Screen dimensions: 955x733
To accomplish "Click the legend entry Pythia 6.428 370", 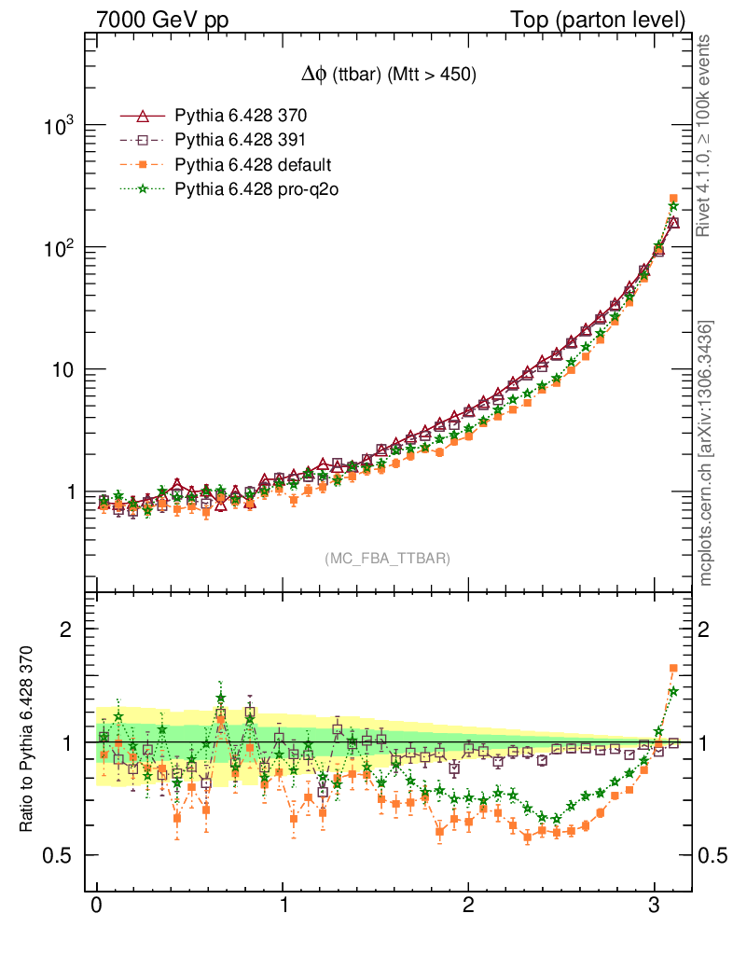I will [241, 117].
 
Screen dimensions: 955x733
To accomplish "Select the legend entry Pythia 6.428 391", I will [241, 141].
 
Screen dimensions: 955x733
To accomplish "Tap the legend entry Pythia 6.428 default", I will [253, 165].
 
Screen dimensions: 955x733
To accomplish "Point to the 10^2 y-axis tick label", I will [58, 247].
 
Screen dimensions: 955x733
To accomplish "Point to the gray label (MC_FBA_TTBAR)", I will [387, 559].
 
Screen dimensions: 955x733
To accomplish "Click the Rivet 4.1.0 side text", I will [706, 135].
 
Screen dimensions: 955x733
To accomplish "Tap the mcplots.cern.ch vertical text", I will [706, 452].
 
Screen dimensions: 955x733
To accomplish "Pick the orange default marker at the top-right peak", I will [673, 199].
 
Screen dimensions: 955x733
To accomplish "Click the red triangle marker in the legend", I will [143, 117].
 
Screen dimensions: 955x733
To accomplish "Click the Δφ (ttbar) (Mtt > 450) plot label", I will [384, 76].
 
